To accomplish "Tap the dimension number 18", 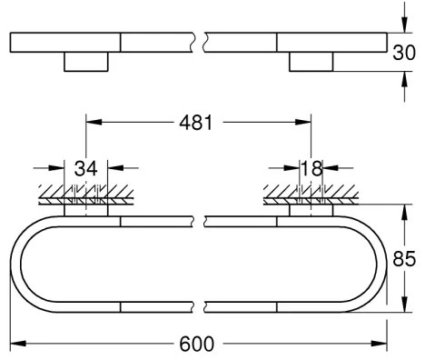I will [x=311, y=168].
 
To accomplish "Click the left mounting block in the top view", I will [x=86, y=63].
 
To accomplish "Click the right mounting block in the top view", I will [x=311, y=63].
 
